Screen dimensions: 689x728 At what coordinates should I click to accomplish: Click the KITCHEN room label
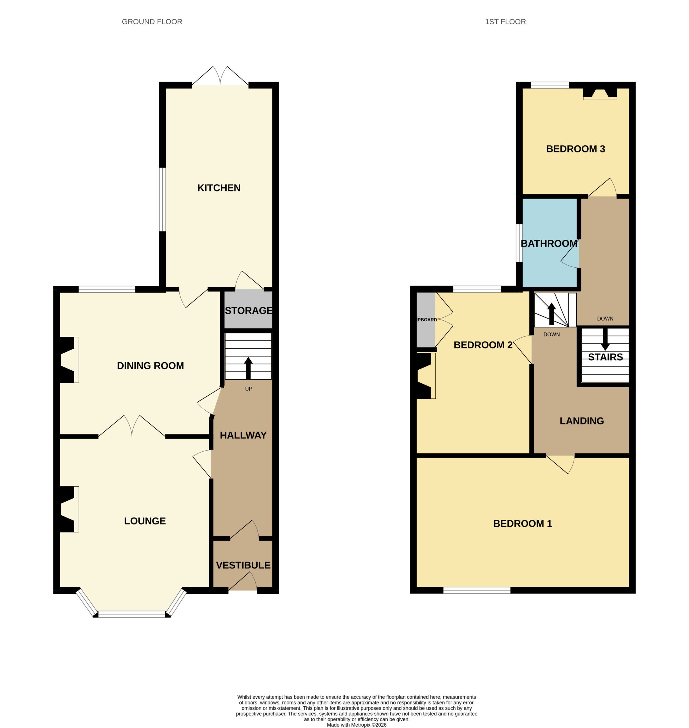coord(219,188)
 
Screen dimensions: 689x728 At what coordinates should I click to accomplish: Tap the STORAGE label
coord(249,311)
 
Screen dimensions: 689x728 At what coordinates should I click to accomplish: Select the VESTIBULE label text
coord(243,565)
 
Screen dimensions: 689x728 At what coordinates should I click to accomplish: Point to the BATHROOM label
coord(549,243)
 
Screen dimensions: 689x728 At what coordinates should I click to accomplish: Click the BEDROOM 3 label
coord(576,149)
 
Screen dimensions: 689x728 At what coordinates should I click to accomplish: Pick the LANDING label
coord(582,421)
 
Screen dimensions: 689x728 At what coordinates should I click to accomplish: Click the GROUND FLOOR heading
coord(152,22)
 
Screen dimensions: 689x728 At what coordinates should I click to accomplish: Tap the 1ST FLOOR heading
coord(505,22)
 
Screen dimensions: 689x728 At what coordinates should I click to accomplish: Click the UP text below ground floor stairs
coord(249,389)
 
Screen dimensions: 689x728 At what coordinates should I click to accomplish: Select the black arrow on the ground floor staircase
coord(248,368)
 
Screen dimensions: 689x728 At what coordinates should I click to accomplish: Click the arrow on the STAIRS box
coord(605,339)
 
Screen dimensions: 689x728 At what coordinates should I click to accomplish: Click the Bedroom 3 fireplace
coord(600,94)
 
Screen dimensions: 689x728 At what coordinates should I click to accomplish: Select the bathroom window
coord(519,243)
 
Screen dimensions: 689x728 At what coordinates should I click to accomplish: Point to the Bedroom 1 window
coord(477,590)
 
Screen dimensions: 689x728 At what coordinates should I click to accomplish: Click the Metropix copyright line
coord(357,725)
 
